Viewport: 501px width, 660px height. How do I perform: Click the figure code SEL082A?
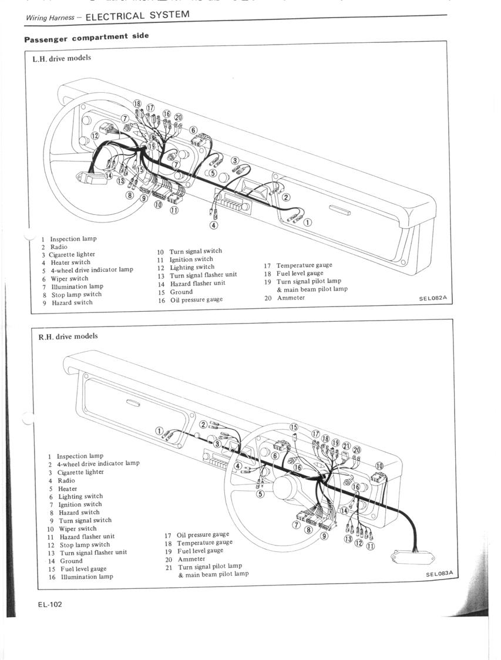433,298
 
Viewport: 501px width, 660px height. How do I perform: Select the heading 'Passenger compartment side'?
86,38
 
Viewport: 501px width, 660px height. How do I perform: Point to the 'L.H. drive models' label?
62,58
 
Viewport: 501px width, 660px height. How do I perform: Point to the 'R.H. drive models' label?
68,336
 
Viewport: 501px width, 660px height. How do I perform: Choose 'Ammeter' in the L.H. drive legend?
291,298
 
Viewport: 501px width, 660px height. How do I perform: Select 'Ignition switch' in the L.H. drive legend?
191,260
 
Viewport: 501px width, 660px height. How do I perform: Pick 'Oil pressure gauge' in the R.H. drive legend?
203,534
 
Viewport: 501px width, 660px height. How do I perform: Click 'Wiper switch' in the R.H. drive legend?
78,528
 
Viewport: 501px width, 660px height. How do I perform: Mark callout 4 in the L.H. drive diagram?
214,225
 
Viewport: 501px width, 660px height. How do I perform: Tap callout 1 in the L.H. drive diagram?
308,222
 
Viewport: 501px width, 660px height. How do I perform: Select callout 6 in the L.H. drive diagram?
193,130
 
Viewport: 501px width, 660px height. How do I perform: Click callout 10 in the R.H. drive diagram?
379,466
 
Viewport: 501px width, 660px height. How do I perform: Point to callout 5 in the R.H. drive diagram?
261,493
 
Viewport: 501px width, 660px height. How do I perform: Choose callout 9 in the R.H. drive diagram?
324,536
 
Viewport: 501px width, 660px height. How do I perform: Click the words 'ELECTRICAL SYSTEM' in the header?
137,16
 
